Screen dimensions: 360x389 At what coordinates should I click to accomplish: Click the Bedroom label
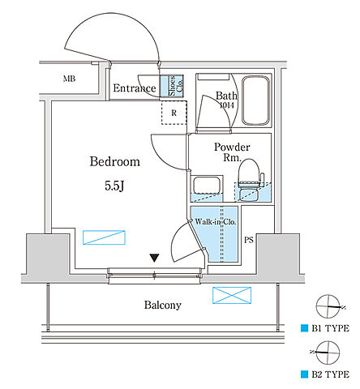click(115, 161)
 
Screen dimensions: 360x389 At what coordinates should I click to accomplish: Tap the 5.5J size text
click(114, 186)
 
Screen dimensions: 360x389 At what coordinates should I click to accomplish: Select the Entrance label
click(135, 88)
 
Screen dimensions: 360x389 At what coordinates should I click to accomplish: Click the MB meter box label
click(69, 79)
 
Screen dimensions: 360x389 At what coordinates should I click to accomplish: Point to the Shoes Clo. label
click(176, 86)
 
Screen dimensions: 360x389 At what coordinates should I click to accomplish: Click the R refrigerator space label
click(174, 113)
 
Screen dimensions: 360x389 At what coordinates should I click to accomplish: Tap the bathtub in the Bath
click(256, 100)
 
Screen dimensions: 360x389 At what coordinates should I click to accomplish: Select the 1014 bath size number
click(227, 105)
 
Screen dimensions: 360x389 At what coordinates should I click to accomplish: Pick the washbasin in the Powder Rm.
click(207, 185)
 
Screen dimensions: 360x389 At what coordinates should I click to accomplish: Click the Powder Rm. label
click(232, 152)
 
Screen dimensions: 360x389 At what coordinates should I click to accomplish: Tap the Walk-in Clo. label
click(216, 222)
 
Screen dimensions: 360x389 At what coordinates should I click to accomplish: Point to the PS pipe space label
click(249, 240)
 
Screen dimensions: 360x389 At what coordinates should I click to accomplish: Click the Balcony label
click(163, 305)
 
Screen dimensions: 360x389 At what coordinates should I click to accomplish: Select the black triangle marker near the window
click(154, 258)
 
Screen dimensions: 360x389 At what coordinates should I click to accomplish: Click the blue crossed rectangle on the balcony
click(232, 295)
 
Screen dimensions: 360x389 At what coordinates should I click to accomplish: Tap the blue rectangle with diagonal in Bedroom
click(104, 237)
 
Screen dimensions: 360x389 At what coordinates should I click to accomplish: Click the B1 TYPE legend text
click(331, 328)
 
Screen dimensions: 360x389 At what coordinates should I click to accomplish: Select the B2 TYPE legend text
click(331, 374)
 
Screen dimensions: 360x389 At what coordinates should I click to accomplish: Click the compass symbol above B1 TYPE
click(328, 306)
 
